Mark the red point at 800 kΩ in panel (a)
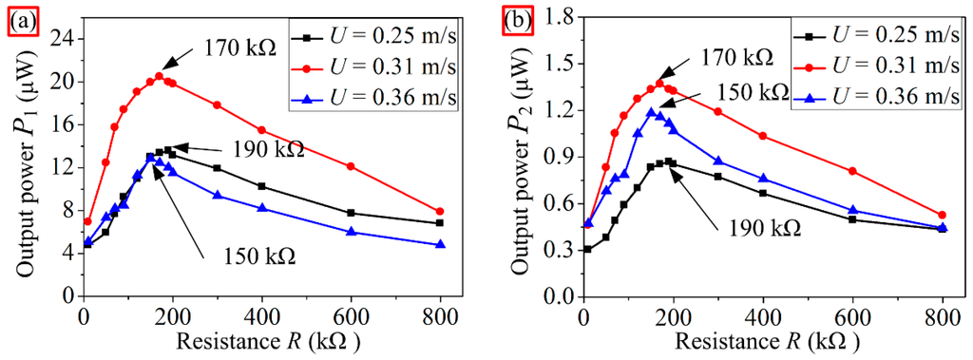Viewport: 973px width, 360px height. [x=440, y=212]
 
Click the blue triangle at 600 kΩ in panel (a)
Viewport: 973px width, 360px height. [x=352, y=232]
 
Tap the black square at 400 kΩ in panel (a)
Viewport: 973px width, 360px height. [x=262, y=186]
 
